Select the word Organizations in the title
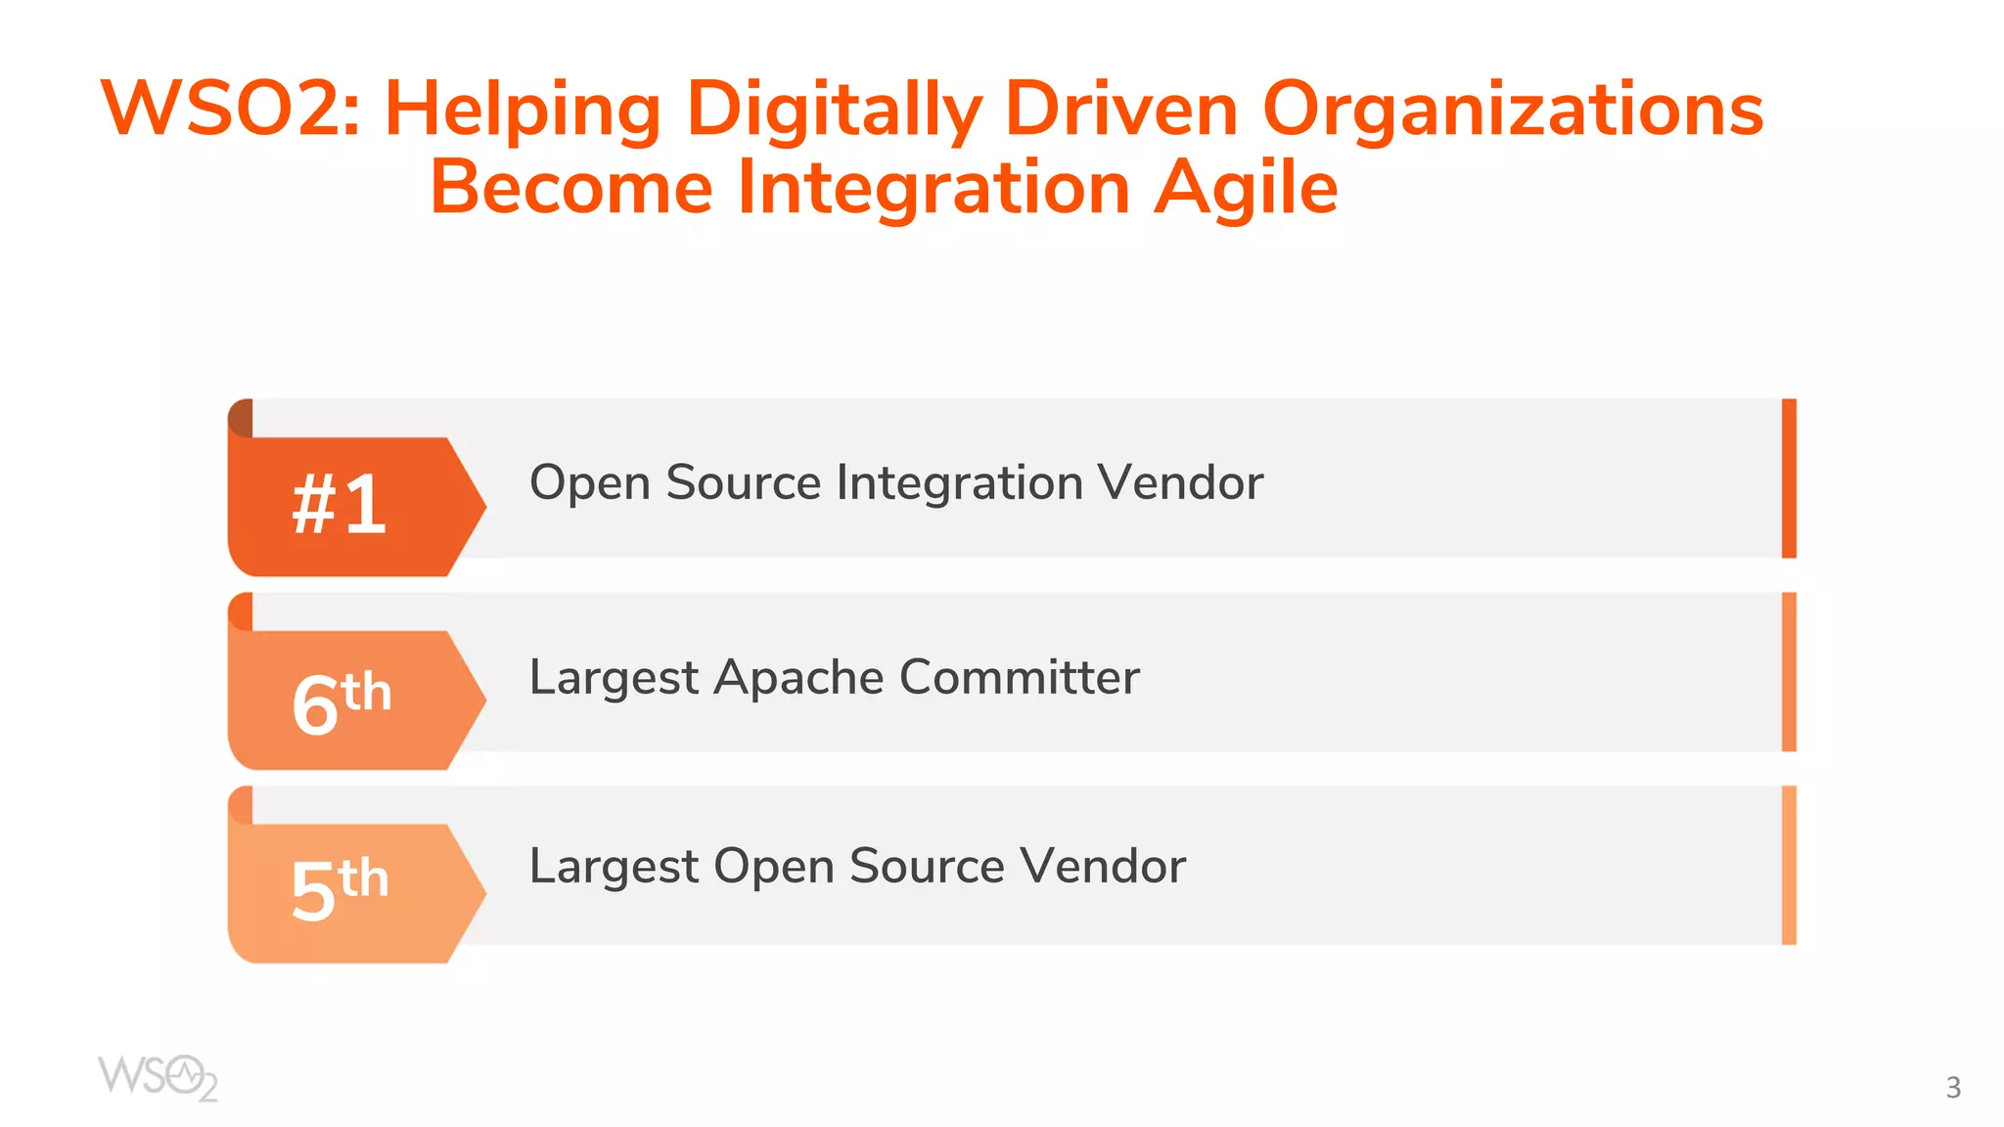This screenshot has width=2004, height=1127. click(1513, 111)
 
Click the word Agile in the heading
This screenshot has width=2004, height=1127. click(1246, 188)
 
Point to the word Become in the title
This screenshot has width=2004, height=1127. click(571, 188)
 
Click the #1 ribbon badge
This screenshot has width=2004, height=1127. click(341, 505)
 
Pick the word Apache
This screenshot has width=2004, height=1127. click(798, 677)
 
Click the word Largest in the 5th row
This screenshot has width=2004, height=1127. click(614, 868)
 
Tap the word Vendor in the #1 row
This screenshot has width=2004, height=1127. click(1180, 482)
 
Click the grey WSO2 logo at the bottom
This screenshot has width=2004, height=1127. click(158, 1078)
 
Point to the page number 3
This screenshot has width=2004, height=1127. click(1953, 1088)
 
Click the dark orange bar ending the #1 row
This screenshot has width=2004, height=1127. click(1789, 478)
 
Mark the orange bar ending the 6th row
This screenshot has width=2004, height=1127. click(1789, 672)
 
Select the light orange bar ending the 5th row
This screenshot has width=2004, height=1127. click(1789, 865)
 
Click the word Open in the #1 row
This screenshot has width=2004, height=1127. click(590, 484)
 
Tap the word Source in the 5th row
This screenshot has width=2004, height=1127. click(927, 867)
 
